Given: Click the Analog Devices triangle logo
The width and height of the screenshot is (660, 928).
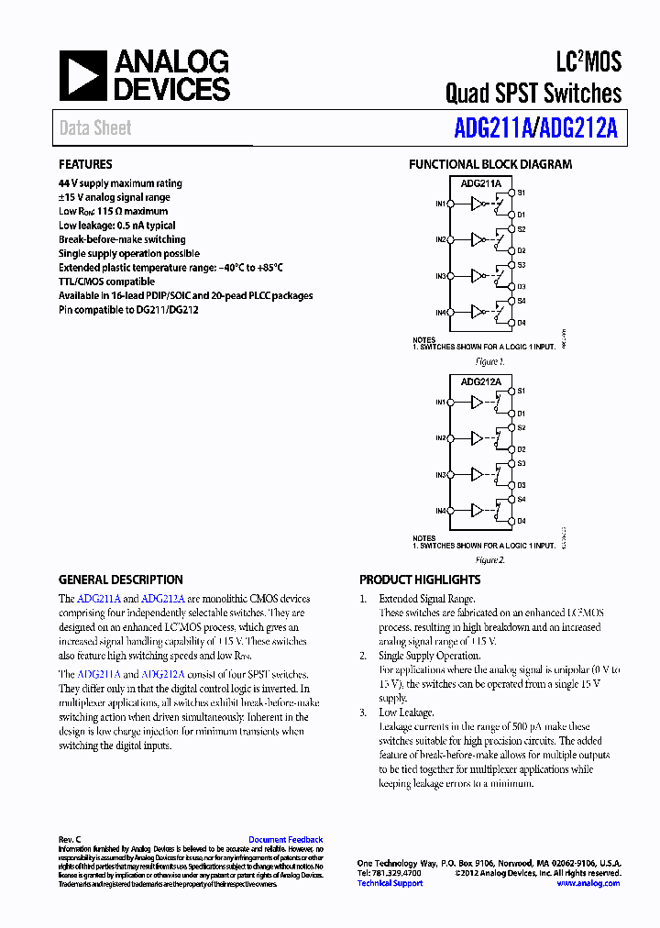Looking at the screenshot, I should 83,75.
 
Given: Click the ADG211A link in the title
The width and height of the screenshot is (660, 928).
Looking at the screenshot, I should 492,129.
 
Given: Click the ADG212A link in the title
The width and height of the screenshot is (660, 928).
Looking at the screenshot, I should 578,129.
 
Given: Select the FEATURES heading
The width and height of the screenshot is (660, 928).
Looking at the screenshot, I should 85,165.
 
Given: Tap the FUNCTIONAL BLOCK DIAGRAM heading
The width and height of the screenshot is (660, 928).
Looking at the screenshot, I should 489,165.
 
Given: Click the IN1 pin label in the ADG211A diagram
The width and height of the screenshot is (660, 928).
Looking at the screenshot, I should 440,204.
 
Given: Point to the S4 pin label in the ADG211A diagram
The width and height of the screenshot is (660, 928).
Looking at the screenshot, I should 522,301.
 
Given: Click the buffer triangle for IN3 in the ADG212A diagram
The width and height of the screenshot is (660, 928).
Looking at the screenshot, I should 477,474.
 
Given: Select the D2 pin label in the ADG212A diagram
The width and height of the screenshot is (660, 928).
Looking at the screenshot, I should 522,448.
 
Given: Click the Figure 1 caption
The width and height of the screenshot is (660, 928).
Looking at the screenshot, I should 489,362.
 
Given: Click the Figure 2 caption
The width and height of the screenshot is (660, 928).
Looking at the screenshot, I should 489,559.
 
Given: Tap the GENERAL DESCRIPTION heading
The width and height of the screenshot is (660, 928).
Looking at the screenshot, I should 120,580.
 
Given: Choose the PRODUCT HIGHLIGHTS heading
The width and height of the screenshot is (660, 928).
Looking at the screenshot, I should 420,580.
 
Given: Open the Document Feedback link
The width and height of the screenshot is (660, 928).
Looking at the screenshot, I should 285,839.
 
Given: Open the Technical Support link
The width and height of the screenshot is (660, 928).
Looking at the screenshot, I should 390,883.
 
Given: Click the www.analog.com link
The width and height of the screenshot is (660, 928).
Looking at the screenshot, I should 588,883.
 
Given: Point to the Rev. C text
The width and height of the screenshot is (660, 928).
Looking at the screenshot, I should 70,839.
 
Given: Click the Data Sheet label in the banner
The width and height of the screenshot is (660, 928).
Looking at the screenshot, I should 95,128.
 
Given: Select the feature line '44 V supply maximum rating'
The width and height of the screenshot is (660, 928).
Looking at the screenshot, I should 120,183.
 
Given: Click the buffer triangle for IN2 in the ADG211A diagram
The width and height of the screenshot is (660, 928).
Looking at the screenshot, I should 477,240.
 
